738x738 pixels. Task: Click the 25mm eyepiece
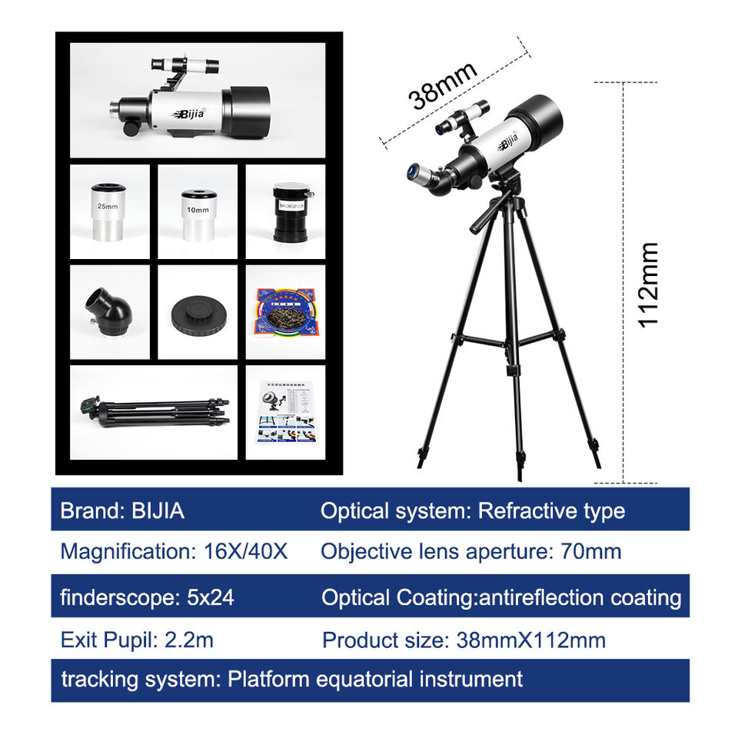(x=108, y=211)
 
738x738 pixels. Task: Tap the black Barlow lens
(x=286, y=211)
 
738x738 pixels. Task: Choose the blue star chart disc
(x=285, y=311)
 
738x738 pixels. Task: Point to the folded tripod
(x=154, y=412)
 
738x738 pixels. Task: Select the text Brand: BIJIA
(x=122, y=510)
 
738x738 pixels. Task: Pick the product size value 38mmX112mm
(x=530, y=640)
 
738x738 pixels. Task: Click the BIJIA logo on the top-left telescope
(x=191, y=114)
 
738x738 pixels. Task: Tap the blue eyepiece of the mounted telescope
(x=414, y=168)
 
